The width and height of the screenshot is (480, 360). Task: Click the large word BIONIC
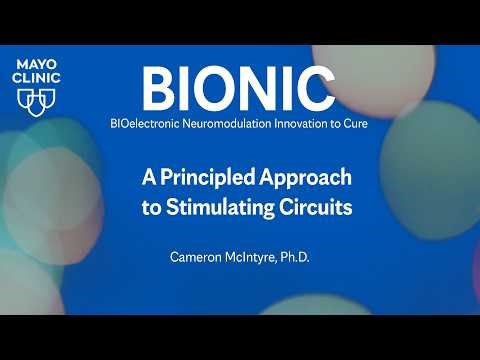point(238,89)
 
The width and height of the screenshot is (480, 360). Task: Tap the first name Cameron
point(197,258)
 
